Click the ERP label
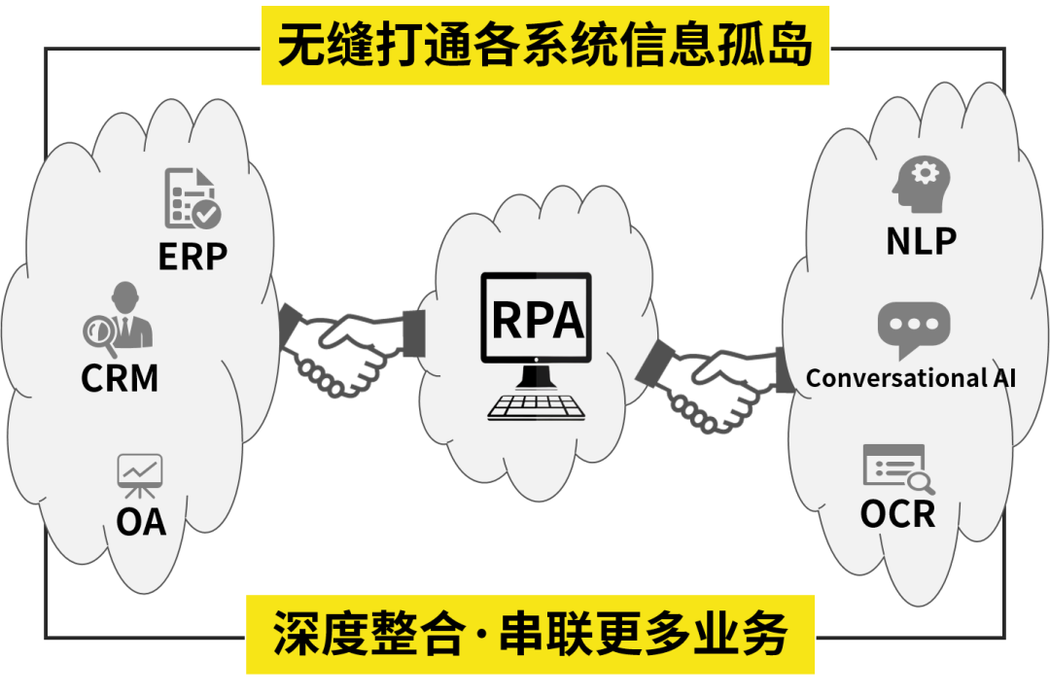click(192, 256)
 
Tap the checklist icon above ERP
click(192, 198)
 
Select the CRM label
click(120, 377)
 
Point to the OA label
click(141, 522)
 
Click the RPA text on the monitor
click(537, 318)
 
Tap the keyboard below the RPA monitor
click(537, 405)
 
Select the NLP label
click(921, 240)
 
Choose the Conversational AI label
click(911, 377)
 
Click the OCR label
click(897, 513)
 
